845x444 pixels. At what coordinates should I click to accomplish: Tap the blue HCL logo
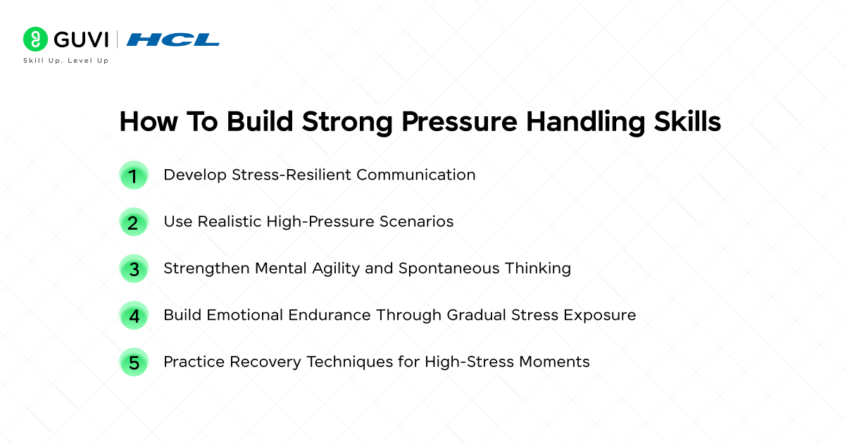point(173,39)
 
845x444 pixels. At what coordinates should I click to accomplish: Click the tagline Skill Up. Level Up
point(66,61)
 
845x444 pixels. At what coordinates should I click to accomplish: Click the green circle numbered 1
point(134,175)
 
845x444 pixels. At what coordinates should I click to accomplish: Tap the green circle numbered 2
point(134,222)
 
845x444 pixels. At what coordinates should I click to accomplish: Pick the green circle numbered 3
point(134,269)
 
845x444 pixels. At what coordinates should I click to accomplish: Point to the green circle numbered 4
point(134,315)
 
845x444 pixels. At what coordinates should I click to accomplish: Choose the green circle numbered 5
point(134,362)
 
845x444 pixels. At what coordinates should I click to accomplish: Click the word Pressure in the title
point(460,122)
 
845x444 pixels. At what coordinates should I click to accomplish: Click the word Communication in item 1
point(415,175)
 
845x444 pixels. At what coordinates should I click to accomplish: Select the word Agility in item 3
point(339,269)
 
